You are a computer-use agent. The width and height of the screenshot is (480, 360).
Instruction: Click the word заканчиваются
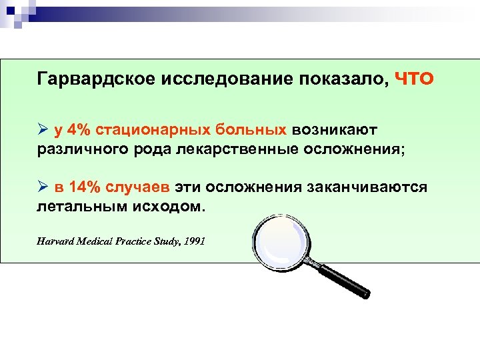367,187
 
